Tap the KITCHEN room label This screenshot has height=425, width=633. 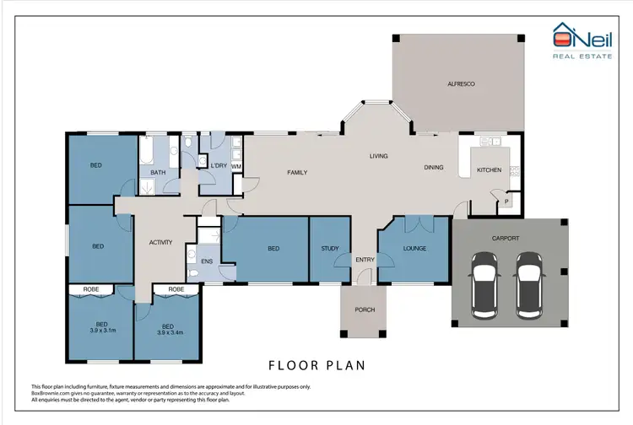tap(489, 170)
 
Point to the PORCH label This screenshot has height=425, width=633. tap(365, 309)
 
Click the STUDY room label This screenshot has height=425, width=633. tap(329, 249)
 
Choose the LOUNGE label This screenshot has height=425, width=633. tap(413, 249)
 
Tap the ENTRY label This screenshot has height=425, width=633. tap(365, 260)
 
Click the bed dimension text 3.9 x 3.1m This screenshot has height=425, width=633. tap(101, 331)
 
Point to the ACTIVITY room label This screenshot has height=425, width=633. tap(160, 243)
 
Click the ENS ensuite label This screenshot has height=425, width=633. tap(208, 262)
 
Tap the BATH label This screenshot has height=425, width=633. tap(158, 173)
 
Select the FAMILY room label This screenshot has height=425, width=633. tap(297, 172)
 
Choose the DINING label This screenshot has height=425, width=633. tap(434, 168)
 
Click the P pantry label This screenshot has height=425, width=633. tap(507, 202)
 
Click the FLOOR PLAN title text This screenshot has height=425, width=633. tap(316, 366)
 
